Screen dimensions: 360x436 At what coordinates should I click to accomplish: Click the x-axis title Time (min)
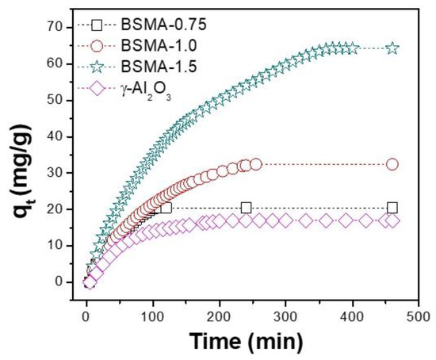point(245,342)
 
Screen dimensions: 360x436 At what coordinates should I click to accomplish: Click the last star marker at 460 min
point(392,48)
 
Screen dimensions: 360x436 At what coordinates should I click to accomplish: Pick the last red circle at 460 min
point(392,164)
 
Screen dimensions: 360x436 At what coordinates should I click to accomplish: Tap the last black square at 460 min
point(392,208)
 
